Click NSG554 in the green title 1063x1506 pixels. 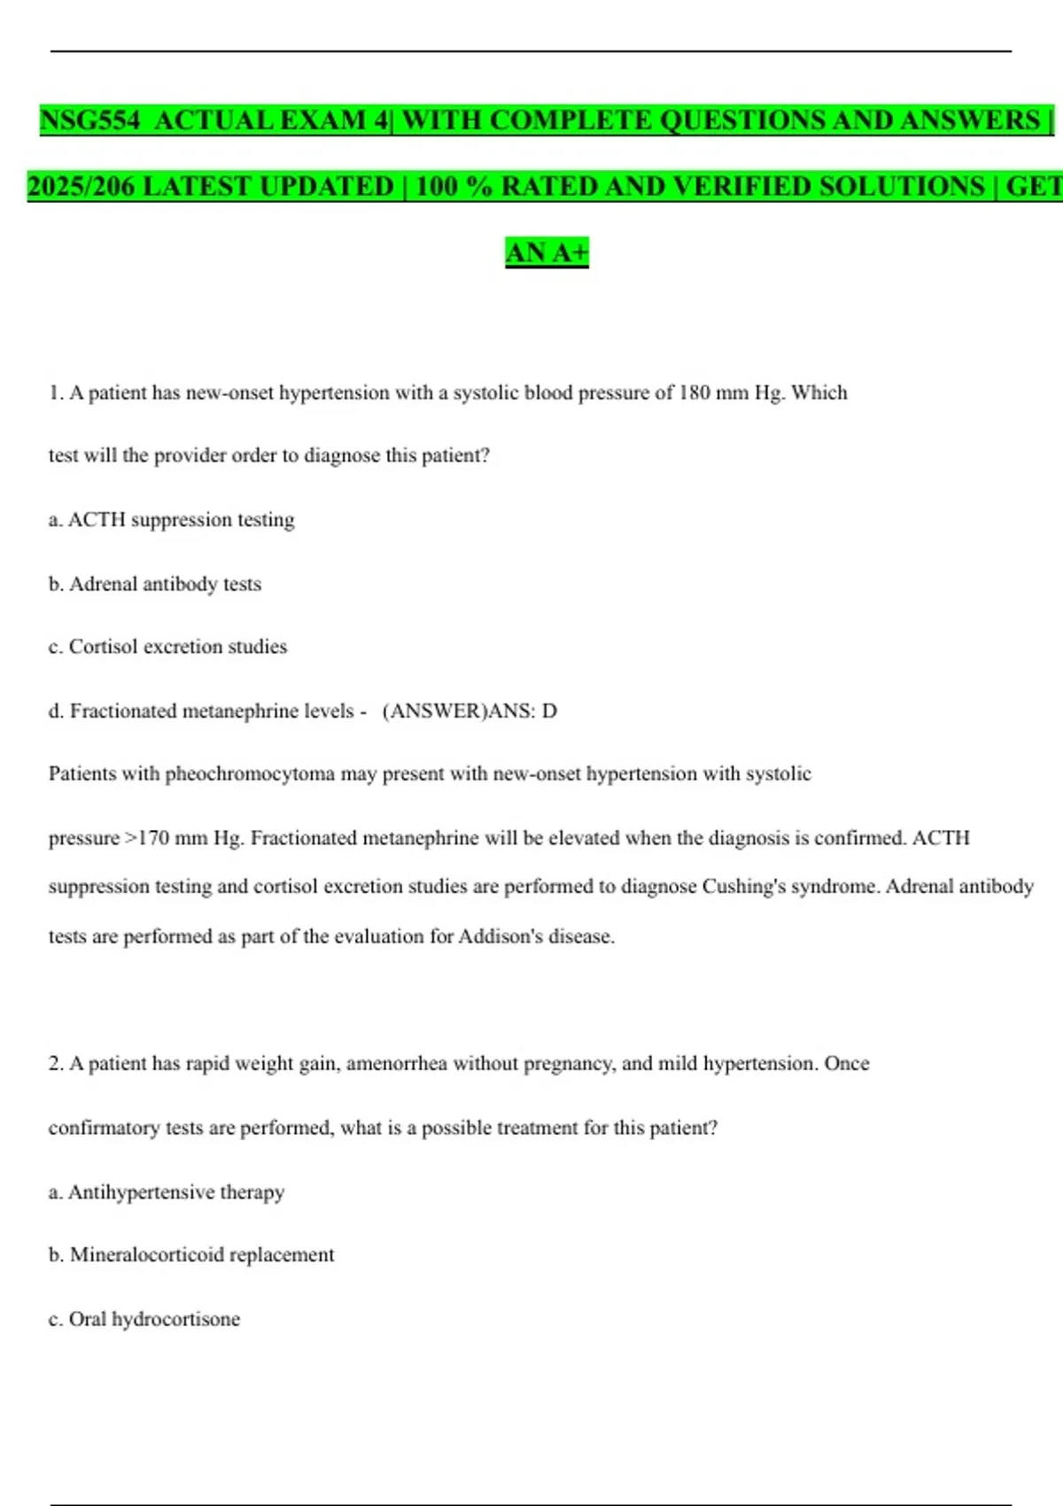pyautogui.click(x=89, y=120)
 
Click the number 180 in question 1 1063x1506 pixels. pyautogui.click(x=694, y=392)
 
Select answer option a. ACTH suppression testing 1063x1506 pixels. pyautogui.click(x=171, y=519)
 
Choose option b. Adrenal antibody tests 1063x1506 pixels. pyautogui.click(x=155, y=584)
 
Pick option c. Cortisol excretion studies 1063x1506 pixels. pyautogui.click(x=167, y=647)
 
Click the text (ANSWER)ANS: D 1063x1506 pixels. pyautogui.click(x=469, y=710)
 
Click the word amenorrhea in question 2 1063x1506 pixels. pyautogui.click(x=396, y=1063)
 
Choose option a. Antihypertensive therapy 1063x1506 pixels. pyautogui.click(x=167, y=1192)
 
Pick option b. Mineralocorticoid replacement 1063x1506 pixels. pyautogui.click(x=191, y=1254)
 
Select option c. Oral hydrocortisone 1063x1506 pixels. pyautogui.click(x=144, y=1319)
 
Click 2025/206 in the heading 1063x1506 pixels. pyautogui.click(x=81, y=186)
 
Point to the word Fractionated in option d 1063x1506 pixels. pyautogui.click(x=123, y=710)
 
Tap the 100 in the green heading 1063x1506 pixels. pyautogui.click(x=436, y=186)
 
